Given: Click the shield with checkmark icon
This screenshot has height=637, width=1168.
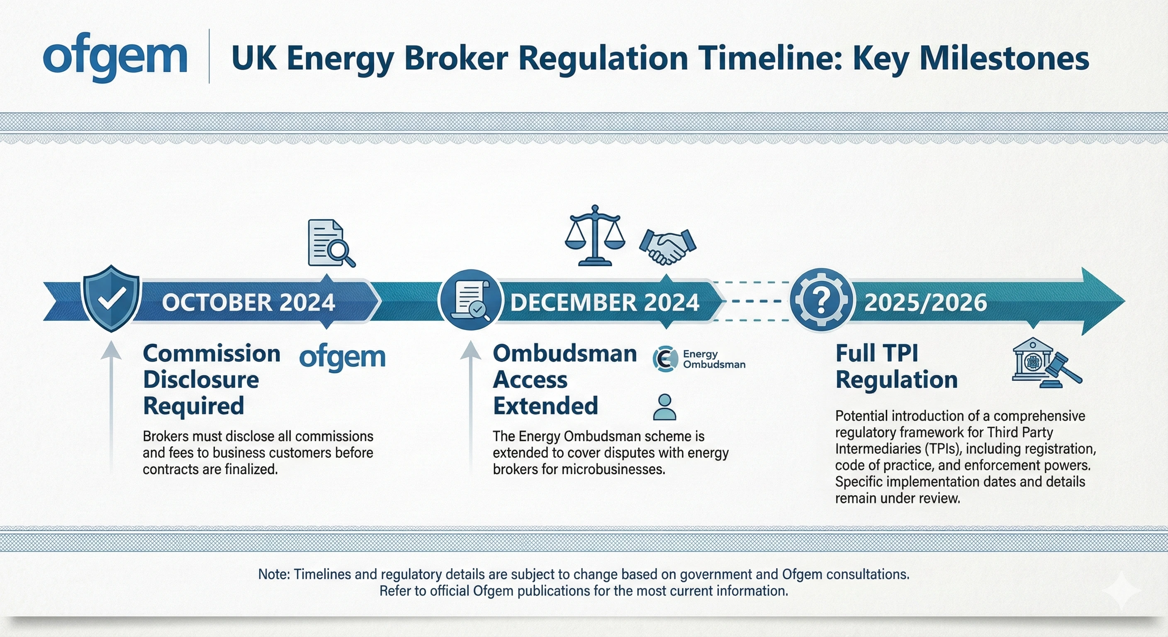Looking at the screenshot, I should point(112,298).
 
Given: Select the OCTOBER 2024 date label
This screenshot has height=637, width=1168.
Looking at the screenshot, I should point(248,302).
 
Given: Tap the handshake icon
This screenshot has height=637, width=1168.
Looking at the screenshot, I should point(667,246).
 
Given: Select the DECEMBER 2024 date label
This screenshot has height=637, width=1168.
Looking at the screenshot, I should point(604,302).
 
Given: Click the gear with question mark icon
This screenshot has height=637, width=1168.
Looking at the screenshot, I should point(821,299).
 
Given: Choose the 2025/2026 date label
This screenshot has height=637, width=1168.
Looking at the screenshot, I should point(925,302).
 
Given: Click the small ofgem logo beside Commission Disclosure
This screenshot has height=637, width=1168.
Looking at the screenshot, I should point(342,358).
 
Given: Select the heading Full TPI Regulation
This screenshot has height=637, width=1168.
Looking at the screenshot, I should point(896,366).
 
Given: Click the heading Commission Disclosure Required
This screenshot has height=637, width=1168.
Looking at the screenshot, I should point(211,379).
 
